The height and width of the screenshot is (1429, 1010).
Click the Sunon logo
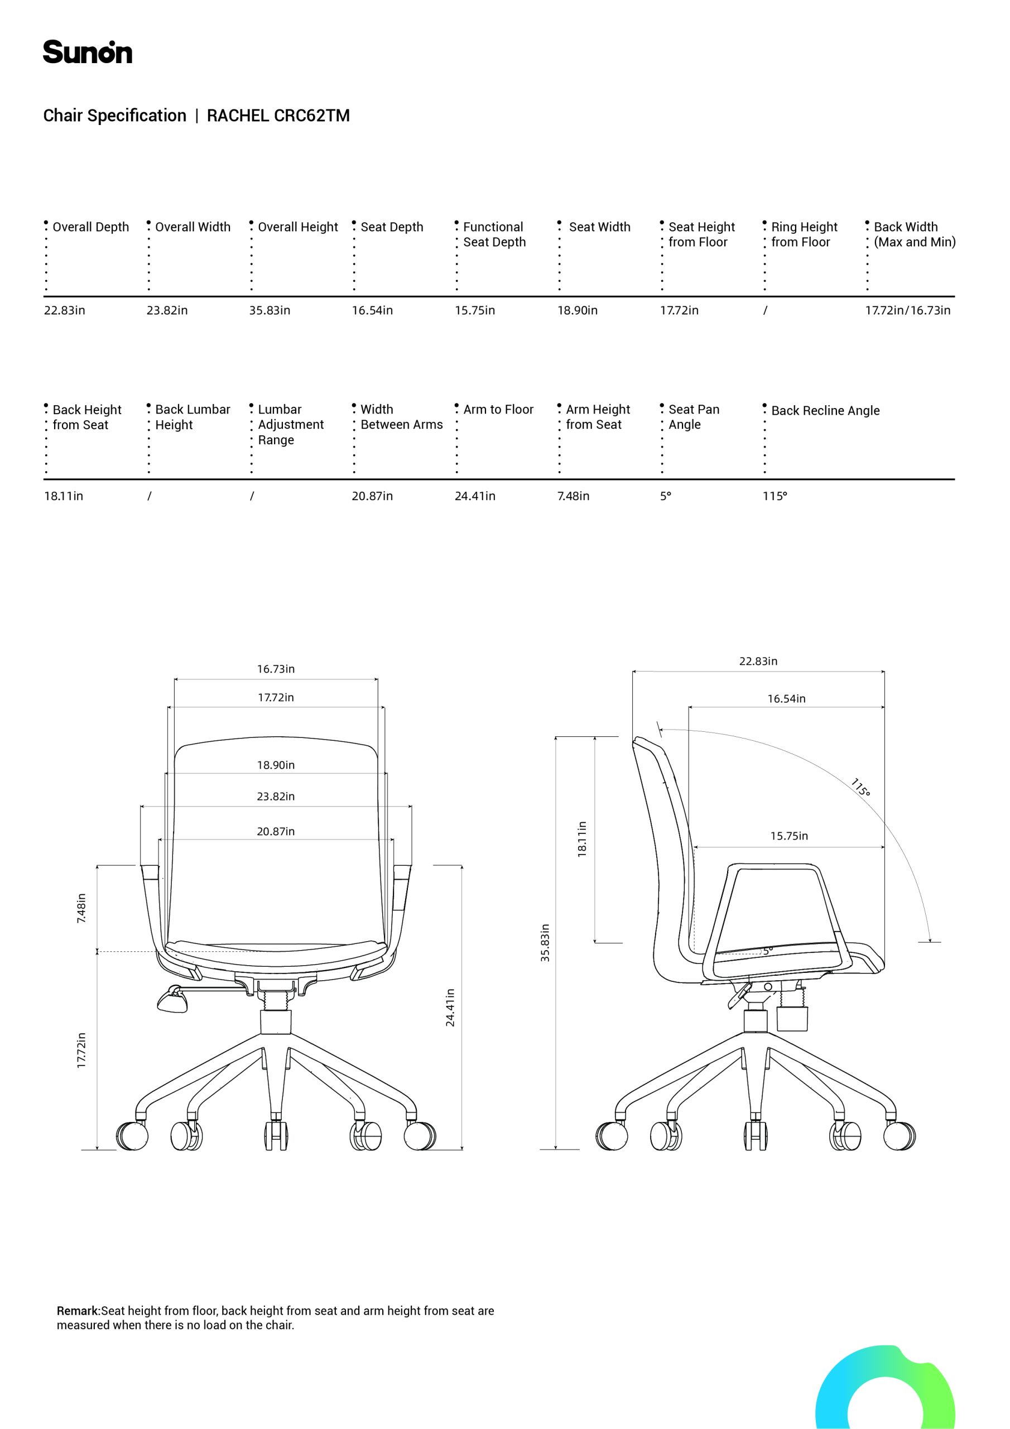click(x=88, y=52)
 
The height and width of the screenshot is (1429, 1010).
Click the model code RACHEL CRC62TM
click(x=278, y=116)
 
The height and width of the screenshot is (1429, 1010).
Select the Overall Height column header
click(x=297, y=227)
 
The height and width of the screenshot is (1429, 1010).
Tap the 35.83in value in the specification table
click(x=270, y=310)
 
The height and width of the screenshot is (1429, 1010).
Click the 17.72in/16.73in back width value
click(x=907, y=310)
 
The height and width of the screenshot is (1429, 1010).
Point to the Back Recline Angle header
click(x=825, y=411)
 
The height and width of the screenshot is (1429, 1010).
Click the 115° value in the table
click(x=775, y=496)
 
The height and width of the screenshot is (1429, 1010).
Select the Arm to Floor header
click(x=498, y=410)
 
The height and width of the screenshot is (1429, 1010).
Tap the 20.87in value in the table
click(x=372, y=496)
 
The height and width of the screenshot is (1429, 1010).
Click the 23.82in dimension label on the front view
click(x=276, y=797)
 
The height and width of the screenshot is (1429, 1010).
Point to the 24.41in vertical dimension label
click(x=450, y=1008)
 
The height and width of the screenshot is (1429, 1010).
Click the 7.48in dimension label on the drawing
click(x=81, y=908)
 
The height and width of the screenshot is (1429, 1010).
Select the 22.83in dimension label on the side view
click(x=758, y=661)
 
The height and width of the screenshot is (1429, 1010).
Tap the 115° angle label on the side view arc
click(x=860, y=787)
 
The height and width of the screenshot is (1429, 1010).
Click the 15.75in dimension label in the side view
click(x=789, y=836)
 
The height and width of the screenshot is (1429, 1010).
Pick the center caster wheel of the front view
click(x=276, y=1136)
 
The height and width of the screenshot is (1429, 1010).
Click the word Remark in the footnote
click(x=79, y=1311)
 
